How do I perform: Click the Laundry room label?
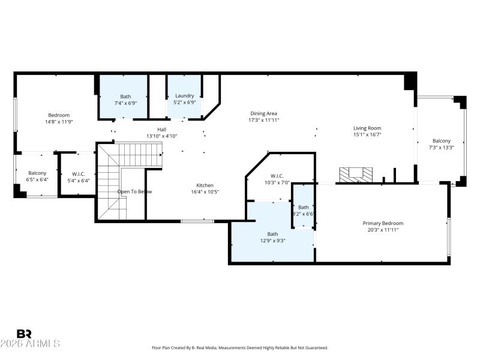(x=184, y=95)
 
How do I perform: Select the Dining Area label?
(x=263, y=113)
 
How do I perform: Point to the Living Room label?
(x=367, y=128)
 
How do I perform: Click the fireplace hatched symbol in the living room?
(x=355, y=175)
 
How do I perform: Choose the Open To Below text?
(x=134, y=191)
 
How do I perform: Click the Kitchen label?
(x=205, y=185)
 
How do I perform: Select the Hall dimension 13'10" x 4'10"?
(x=162, y=136)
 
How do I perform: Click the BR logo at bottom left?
(x=24, y=334)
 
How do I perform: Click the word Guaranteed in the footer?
(x=316, y=348)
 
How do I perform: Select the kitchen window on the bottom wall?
(x=197, y=221)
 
